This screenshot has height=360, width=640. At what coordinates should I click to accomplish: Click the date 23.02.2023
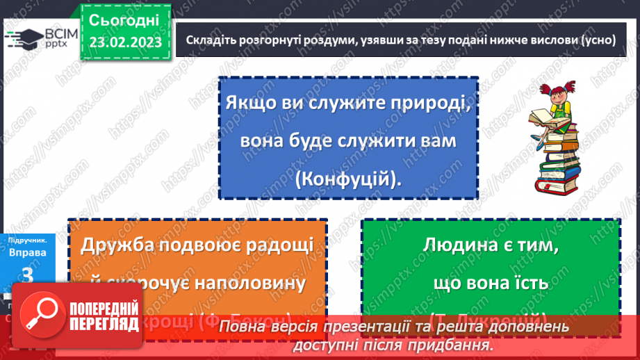coord(125,42)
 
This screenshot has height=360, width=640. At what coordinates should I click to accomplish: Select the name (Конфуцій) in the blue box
coord(348,179)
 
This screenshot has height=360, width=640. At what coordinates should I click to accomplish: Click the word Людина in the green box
coord(460,245)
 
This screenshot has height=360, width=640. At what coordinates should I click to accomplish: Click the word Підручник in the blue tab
coord(28,240)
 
